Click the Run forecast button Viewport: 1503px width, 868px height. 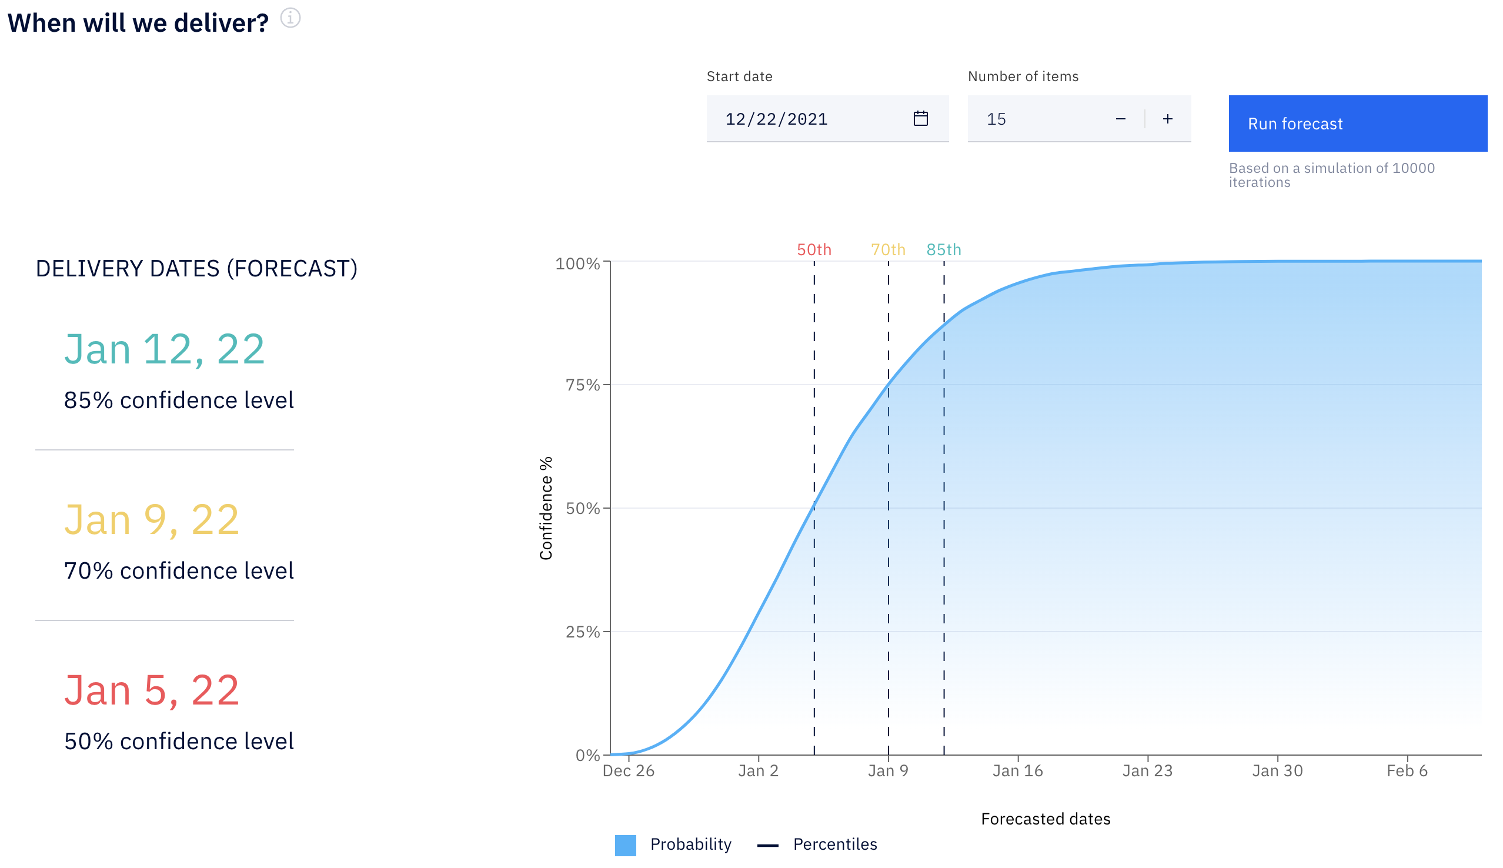1357,123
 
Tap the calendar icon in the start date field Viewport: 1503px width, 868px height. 920,119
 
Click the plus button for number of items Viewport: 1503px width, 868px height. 1167,119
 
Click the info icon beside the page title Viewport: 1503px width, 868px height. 290,18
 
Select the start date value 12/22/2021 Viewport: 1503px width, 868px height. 776,119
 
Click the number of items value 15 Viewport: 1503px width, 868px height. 996,119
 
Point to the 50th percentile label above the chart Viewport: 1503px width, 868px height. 814,249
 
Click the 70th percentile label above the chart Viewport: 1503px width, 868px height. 888,249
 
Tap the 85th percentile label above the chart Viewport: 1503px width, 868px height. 943,249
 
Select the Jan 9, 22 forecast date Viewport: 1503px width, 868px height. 152,520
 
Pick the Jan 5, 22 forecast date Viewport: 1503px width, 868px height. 152,690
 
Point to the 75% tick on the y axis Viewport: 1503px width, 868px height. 582,385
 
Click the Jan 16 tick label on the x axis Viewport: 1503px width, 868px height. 1017,771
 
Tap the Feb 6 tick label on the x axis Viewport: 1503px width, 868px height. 1407,771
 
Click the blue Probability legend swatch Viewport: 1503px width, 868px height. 625,844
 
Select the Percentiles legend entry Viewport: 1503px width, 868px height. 817,844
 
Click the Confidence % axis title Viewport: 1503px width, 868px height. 546,508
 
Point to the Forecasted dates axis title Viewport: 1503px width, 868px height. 1046,819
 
